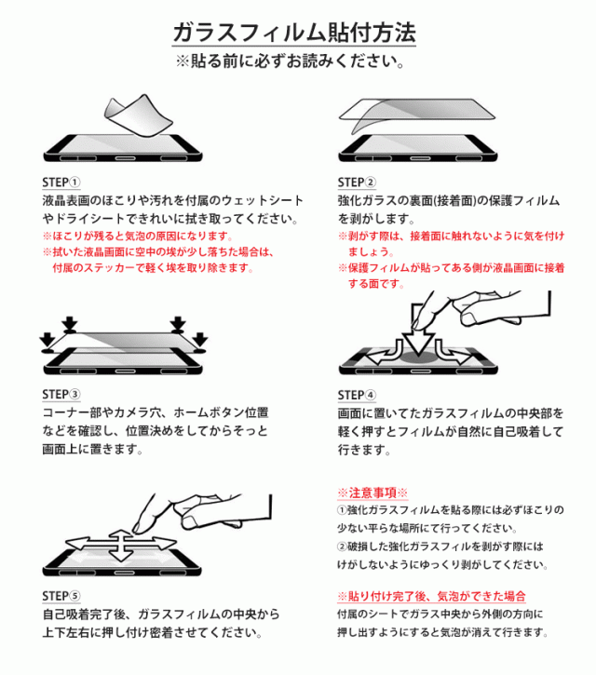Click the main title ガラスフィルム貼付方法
294,33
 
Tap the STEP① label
61,182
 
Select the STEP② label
357,182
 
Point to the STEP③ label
61,395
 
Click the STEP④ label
357,395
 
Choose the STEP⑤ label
61,596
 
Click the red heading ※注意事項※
372,493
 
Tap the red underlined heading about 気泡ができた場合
431,596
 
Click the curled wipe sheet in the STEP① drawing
137,115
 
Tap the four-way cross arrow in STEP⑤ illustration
121,545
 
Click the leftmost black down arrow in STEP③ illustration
47,339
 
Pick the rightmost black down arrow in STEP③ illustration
200,339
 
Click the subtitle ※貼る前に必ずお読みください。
291,61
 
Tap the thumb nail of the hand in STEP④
468,318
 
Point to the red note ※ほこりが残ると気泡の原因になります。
138,236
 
